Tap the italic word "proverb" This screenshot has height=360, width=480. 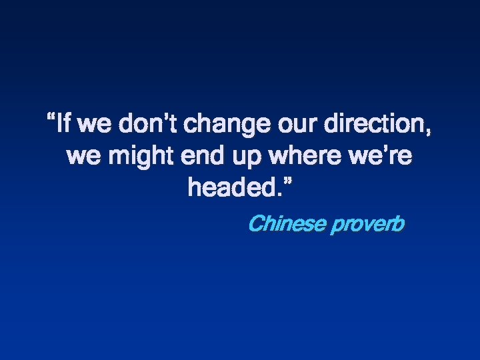click(367, 225)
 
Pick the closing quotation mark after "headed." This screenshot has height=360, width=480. click(287, 182)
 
